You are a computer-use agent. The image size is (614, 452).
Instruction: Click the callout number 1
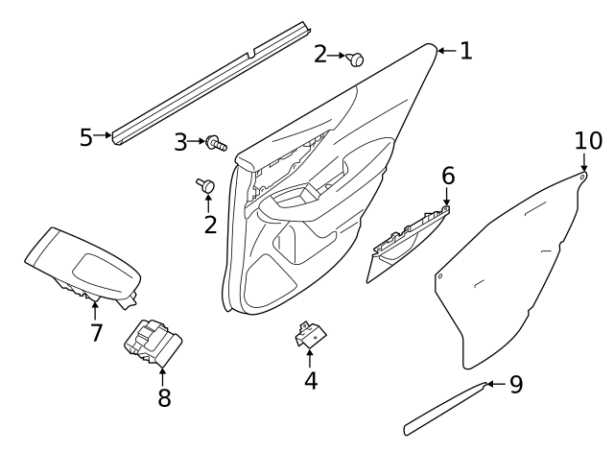coord(465,51)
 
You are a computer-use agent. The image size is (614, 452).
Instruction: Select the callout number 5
coord(86,137)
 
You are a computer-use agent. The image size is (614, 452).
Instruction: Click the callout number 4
coord(310,381)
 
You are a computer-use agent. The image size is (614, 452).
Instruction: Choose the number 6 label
coord(448,177)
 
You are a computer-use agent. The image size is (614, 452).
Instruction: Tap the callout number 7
coord(95,333)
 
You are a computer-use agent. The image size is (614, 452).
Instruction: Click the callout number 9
coord(515,385)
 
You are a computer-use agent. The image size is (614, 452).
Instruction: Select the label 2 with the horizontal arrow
coord(320,56)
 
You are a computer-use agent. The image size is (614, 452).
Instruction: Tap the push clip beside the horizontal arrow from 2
coord(356,59)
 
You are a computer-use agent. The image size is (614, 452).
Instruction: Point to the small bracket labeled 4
coord(309,333)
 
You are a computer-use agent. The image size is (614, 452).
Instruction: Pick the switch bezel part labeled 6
coord(408,246)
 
